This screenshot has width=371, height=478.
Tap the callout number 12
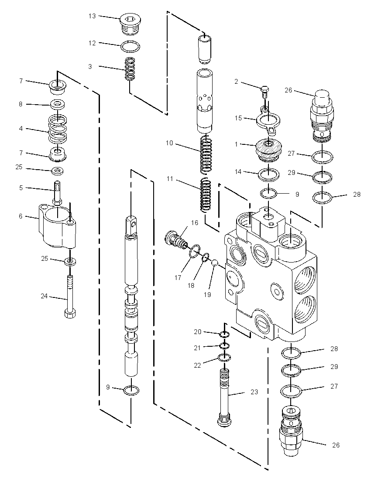click(x=92, y=43)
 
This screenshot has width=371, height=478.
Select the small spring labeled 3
click(x=130, y=69)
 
